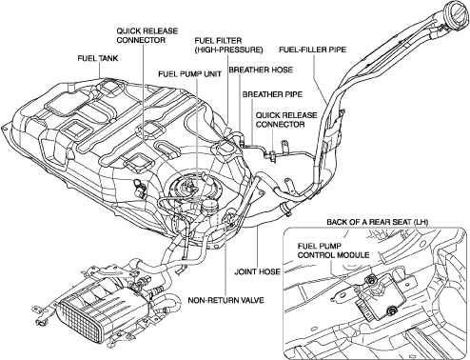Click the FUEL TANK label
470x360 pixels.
coord(98,58)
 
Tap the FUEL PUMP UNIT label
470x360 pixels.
coord(190,73)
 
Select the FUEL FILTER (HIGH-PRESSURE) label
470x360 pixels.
coord(228,45)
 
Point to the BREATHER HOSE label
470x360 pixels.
coord(261,70)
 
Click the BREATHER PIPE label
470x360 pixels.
coord(272,94)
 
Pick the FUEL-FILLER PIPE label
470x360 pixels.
coord(312,50)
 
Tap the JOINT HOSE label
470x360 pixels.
coord(257,271)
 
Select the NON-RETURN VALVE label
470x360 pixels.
coord(225,300)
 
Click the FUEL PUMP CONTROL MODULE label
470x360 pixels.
coord(333,250)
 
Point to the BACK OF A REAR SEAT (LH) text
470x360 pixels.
coord(378,222)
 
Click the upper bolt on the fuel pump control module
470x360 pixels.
coord(370,280)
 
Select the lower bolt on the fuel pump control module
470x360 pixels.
coord(391,310)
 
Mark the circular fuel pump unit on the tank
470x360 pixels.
coord(187,190)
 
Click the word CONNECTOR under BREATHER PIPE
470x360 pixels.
coord(280,124)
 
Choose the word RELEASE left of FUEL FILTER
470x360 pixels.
coord(160,31)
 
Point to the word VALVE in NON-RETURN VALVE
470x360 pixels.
coord(252,300)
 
